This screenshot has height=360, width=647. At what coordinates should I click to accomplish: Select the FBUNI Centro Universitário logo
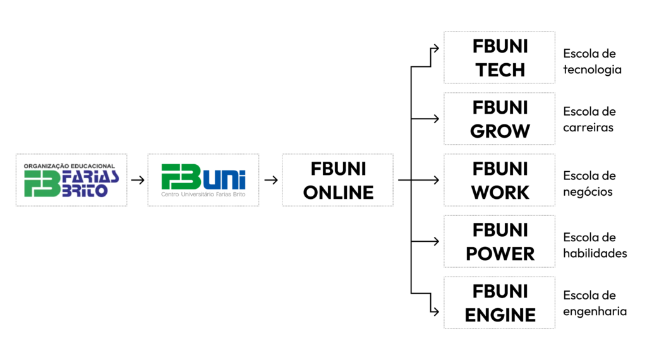[x=203, y=180]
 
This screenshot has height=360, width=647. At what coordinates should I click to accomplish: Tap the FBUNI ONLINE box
[x=338, y=180]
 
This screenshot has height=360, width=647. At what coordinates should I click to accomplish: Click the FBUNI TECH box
[x=499, y=57]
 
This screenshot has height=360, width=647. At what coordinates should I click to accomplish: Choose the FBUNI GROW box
[x=499, y=119]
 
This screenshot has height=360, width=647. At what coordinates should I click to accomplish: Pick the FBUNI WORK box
[x=499, y=180]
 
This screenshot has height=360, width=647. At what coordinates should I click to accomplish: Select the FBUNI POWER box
[x=499, y=241]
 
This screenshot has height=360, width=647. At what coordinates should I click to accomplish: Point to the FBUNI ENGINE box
[x=499, y=303]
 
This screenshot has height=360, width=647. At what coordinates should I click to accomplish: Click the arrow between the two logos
[x=137, y=180]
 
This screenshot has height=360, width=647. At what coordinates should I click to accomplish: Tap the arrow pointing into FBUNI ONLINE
[x=271, y=180]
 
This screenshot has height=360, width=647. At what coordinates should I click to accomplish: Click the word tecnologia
[x=592, y=69]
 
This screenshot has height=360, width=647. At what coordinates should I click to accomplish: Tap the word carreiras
[x=588, y=128]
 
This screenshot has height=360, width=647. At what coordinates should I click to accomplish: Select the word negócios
[x=588, y=192]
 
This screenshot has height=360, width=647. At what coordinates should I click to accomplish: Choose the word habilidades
[x=595, y=253]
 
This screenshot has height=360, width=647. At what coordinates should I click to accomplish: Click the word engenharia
[x=595, y=311]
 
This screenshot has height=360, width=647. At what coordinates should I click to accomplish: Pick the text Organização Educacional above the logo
[x=70, y=166]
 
